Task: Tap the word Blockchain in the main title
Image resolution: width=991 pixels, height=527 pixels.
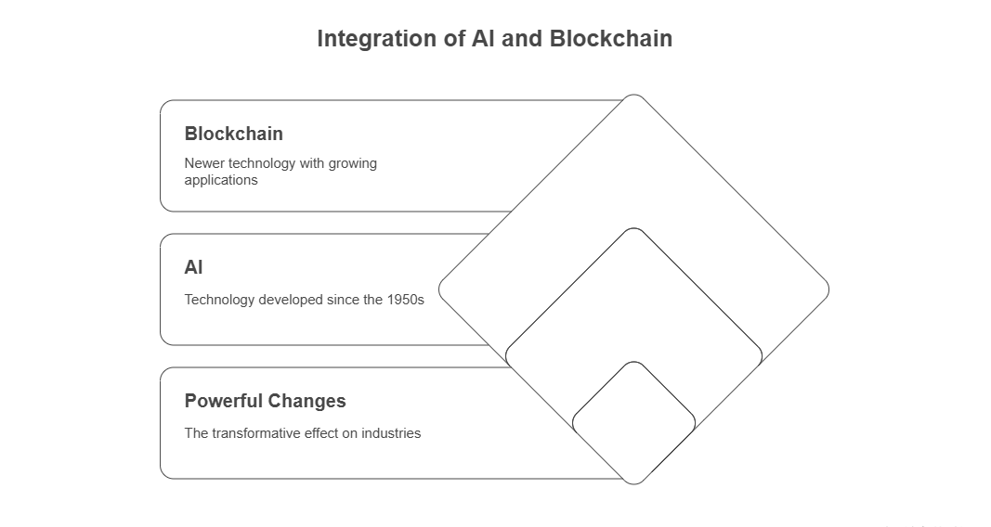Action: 610,38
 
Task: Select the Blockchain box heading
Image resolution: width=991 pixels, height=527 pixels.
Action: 234,134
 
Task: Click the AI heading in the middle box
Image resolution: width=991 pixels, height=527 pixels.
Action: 193,267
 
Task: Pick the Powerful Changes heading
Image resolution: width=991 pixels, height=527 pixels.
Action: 266,401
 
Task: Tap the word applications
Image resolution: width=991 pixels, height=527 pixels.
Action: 221,181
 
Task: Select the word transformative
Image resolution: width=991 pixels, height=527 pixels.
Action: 256,433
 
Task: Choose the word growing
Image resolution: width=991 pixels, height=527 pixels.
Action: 353,164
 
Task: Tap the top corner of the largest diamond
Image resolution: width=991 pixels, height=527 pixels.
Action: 634,95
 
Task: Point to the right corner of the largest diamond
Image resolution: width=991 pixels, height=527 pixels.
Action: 828,289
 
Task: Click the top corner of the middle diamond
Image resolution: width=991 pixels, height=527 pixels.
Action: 634,228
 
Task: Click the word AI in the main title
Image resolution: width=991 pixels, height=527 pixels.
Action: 484,38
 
